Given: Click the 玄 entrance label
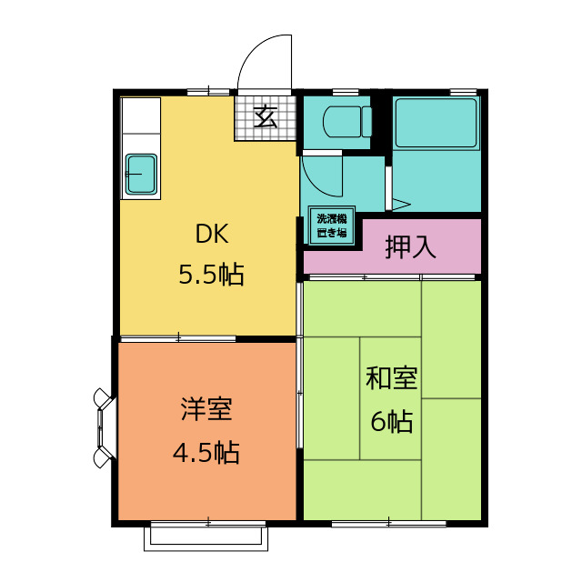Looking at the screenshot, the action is [x=266, y=117].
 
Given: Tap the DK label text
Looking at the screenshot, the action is [x=212, y=234].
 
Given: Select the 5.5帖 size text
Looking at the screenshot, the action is [x=211, y=275].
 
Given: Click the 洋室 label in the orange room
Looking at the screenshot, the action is [x=206, y=409].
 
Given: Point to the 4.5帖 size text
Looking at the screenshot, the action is [x=206, y=453].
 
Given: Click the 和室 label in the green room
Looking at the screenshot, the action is [x=392, y=378].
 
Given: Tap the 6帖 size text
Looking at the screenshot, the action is [x=392, y=421].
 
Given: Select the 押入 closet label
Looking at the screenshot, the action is [x=410, y=246].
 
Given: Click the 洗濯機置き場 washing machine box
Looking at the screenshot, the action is [x=332, y=226].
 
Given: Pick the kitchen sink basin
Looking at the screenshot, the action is [x=141, y=174].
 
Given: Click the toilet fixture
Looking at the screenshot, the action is [x=347, y=121].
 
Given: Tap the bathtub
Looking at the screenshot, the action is [x=436, y=123].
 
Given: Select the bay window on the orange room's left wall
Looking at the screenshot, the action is [x=104, y=428].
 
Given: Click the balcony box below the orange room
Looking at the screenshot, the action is [x=206, y=538].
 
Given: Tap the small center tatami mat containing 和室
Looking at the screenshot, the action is [x=390, y=398].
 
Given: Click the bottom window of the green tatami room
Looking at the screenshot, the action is [x=388, y=524].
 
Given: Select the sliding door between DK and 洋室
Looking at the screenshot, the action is [x=178, y=338].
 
